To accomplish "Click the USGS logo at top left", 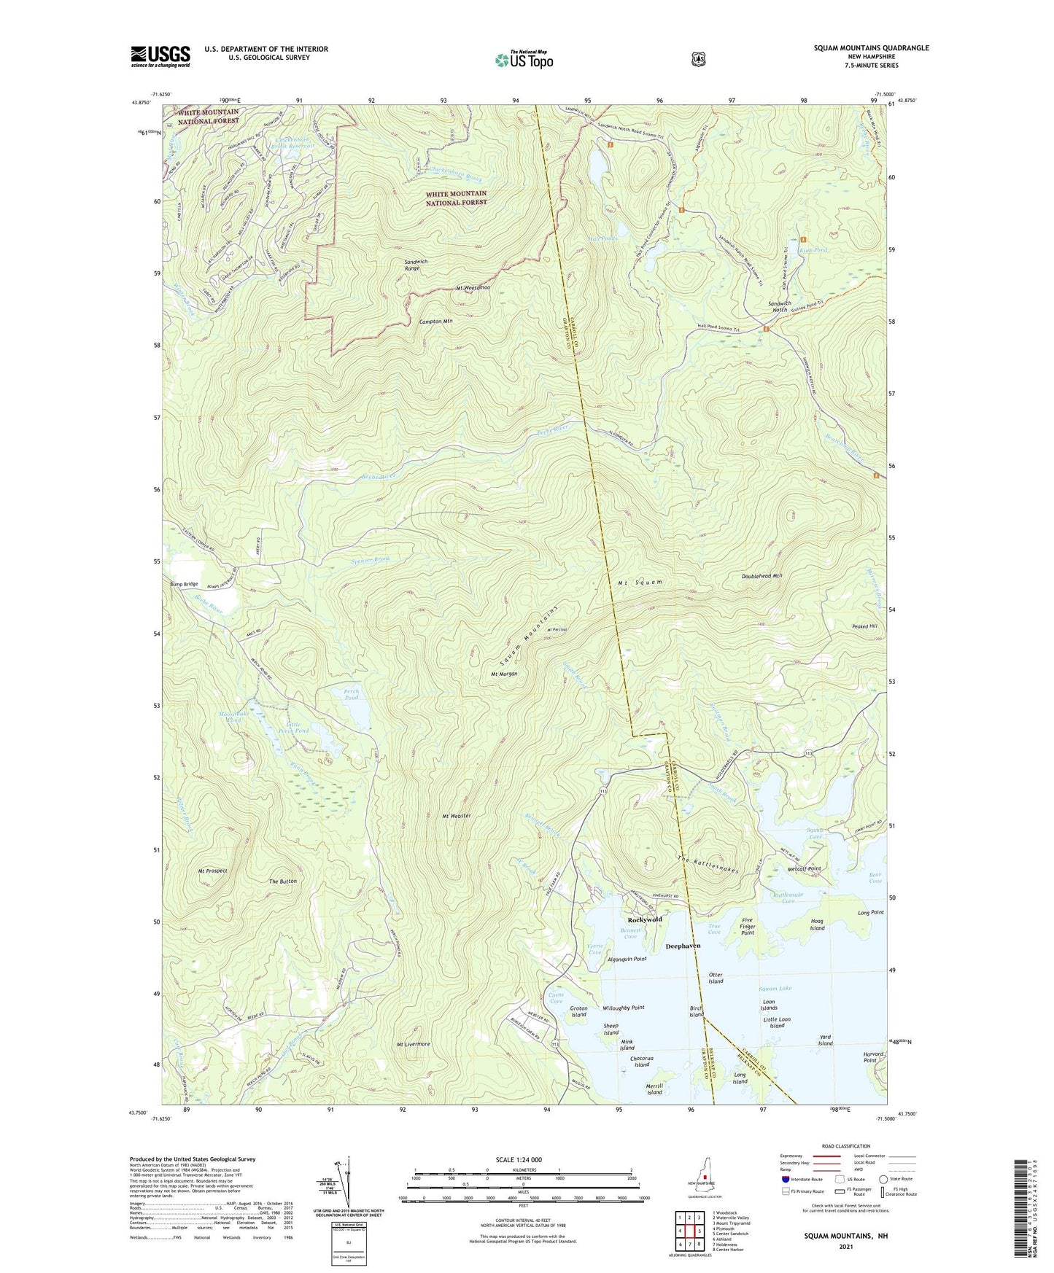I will (x=160, y=56).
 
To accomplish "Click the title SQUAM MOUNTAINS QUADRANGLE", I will (x=871, y=48).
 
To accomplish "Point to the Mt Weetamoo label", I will (x=473, y=288).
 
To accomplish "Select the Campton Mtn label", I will (x=436, y=321).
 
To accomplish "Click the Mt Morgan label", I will (x=504, y=674).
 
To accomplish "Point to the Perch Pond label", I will (x=352, y=694).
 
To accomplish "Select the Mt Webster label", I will (x=456, y=816).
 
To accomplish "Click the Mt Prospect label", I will (x=212, y=871).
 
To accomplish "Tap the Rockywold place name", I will (x=645, y=919).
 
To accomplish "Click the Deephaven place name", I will (x=683, y=946).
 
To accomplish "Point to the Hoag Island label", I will (x=817, y=924).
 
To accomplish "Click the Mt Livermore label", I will (x=413, y=1044).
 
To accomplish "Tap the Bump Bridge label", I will (x=184, y=584).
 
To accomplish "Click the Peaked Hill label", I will (x=864, y=626).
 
